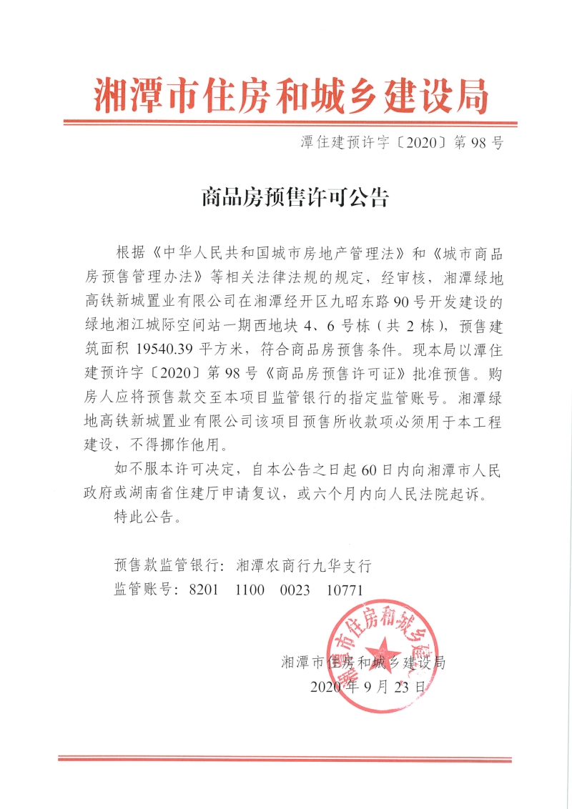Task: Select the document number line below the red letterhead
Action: [x=403, y=143]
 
